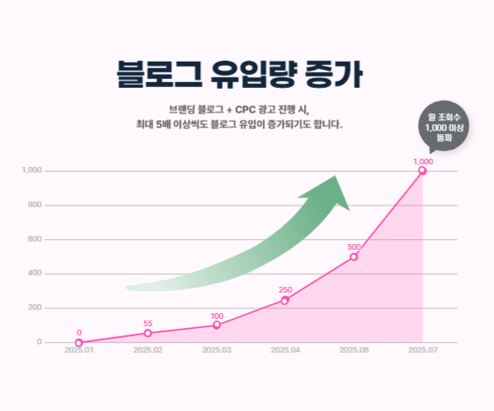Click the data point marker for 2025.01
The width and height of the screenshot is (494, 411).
[79, 343]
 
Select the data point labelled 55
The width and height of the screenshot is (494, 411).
[148, 333]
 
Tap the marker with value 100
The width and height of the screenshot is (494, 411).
[217, 326]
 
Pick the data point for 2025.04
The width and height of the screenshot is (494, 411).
[285, 300]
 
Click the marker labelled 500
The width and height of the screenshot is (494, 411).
[354, 256]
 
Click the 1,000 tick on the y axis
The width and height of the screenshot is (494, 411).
[32, 171]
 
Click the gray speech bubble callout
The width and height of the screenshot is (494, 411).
[442, 128]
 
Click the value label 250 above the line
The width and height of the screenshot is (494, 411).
[286, 289]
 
